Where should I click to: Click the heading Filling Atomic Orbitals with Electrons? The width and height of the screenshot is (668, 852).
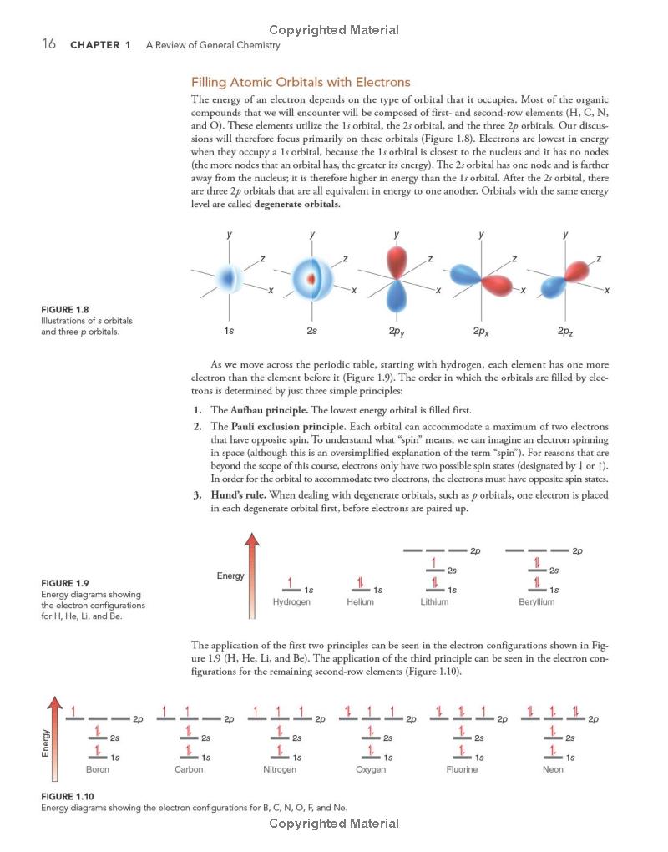click(301, 82)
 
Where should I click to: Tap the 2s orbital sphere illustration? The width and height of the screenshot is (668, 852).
click(311, 275)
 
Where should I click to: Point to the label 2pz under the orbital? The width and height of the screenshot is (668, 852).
click(565, 332)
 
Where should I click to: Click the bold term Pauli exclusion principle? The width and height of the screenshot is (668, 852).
click(276, 427)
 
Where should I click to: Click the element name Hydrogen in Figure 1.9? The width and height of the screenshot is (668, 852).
click(291, 601)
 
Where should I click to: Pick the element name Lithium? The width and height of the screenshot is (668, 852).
click(434, 601)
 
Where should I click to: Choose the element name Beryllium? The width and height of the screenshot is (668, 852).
click(535, 601)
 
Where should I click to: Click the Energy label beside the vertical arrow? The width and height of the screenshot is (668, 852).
click(230, 576)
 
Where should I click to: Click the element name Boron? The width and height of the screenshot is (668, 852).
click(98, 769)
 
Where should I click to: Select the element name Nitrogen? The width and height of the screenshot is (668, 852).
click(279, 769)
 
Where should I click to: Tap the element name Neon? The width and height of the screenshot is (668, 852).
click(553, 769)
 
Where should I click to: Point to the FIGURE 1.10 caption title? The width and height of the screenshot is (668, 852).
click(67, 797)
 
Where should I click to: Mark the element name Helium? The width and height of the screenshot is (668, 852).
click(360, 601)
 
